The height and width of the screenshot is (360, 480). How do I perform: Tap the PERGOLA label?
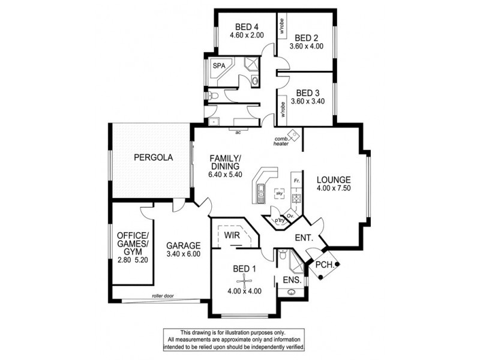click(153, 158)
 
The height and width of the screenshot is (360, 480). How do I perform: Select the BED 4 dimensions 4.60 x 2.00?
click(246, 35)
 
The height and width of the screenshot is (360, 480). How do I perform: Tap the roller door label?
click(163, 296)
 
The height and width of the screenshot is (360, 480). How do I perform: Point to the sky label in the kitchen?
click(279, 193)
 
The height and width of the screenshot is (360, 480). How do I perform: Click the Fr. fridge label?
click(296, 180)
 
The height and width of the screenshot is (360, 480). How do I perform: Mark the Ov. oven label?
click(290, 215)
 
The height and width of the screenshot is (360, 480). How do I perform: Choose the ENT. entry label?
click(304, 238)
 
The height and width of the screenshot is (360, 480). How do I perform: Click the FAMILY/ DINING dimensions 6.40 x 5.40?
click(224, 175)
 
